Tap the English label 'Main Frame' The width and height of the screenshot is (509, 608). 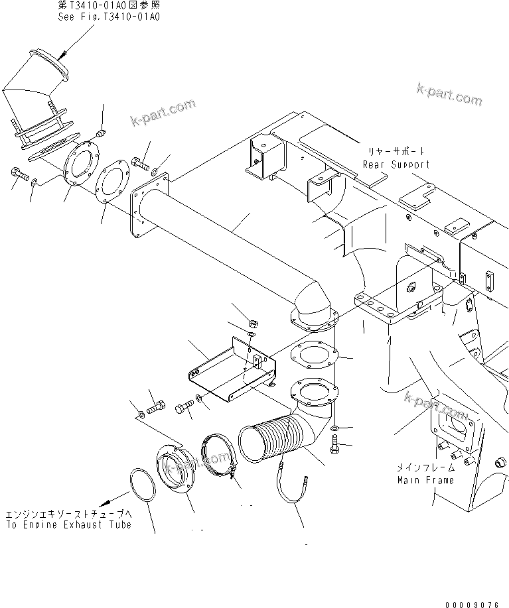click(425, 479)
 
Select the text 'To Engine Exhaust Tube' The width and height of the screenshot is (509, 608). click(68, 524)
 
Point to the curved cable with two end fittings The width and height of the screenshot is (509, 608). click(292, 491)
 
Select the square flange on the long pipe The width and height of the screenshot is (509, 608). click(148, 204)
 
